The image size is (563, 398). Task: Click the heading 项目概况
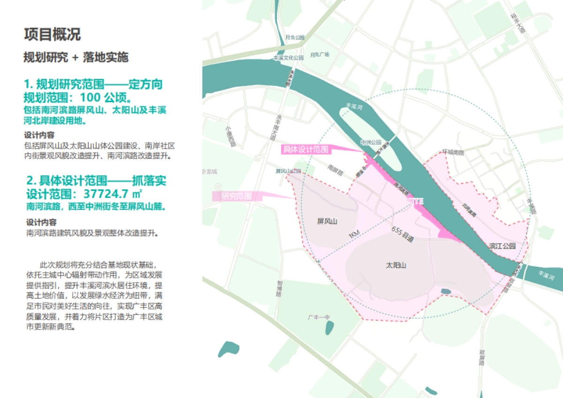(x=52, y=34)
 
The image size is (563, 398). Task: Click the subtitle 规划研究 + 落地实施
(x=76, y=58)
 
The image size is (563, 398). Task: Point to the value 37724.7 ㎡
(x=113, y=194)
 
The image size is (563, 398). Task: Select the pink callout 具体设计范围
(x=304, y=150)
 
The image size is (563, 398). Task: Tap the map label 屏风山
(x=327, y=221)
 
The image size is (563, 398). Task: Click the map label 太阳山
(x=396, y=265)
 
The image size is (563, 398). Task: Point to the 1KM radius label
(x=355, y=236)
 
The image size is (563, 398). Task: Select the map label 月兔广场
(x=320, y=55)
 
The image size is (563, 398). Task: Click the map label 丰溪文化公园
(x=289, y=58)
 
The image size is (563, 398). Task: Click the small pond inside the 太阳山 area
(x=445, y=291)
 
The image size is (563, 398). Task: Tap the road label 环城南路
(x=453, y=152)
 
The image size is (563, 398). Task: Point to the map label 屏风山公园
(x=288, y=171)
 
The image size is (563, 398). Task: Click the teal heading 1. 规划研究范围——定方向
(x=93, y=85)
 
